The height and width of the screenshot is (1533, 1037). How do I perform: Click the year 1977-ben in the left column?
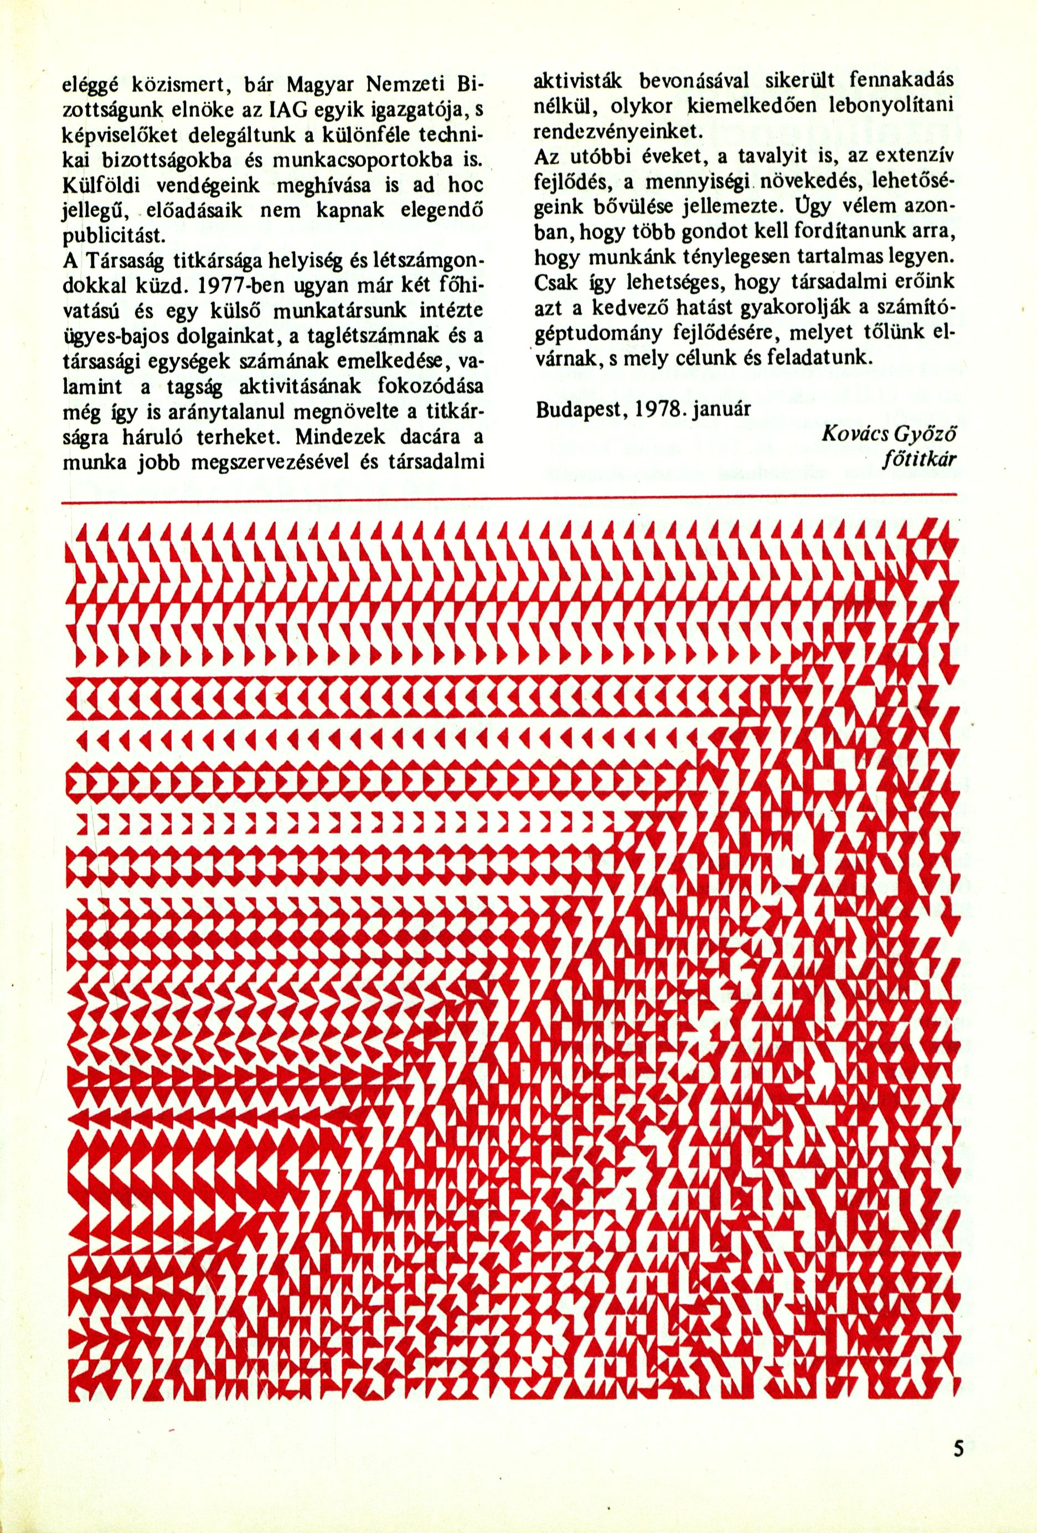tap(229, 284)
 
